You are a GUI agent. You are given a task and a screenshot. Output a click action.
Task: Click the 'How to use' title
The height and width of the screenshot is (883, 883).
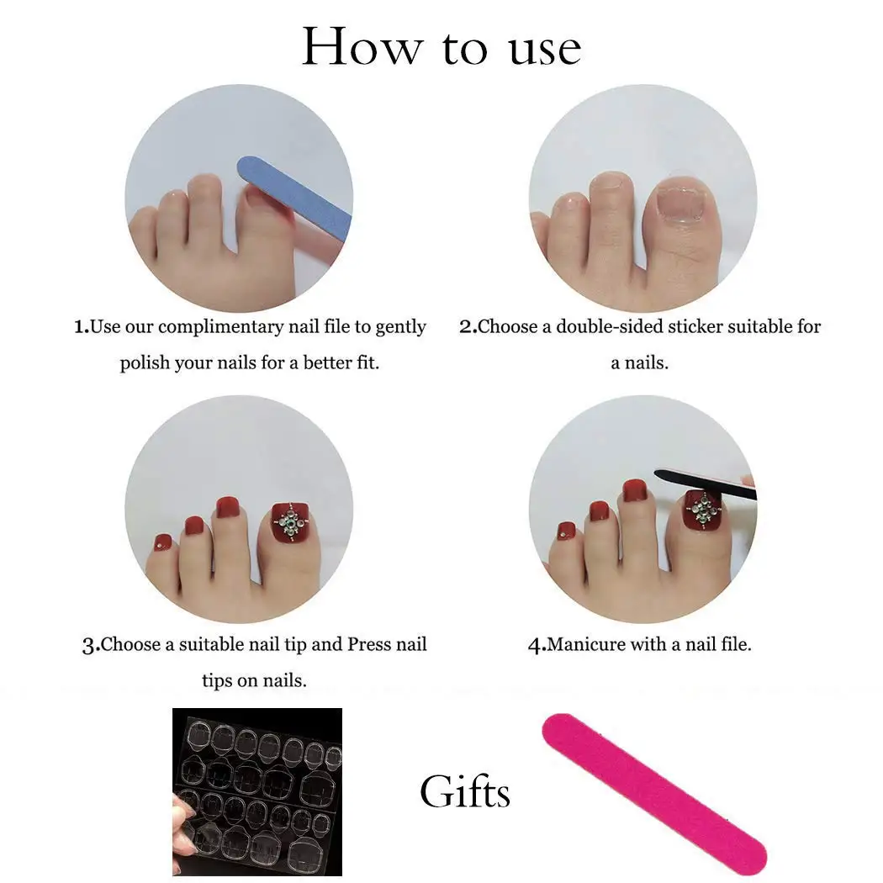(442, 47)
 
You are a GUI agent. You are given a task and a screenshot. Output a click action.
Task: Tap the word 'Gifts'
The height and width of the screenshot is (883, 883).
(465, 792)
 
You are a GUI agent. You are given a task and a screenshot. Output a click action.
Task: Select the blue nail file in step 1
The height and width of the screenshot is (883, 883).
(296, 198)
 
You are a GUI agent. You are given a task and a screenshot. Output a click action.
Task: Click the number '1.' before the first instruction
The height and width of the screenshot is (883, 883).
(82, 327)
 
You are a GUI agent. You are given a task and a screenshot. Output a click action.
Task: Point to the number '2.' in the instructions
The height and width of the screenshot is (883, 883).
(468, 327)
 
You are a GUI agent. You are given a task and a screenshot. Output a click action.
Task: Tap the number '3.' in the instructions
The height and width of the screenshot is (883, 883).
(91, 646)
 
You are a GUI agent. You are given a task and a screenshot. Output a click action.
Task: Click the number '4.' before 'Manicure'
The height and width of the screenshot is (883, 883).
(537, 646)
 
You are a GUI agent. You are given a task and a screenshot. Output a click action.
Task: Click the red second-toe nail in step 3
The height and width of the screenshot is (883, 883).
(226, 507)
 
